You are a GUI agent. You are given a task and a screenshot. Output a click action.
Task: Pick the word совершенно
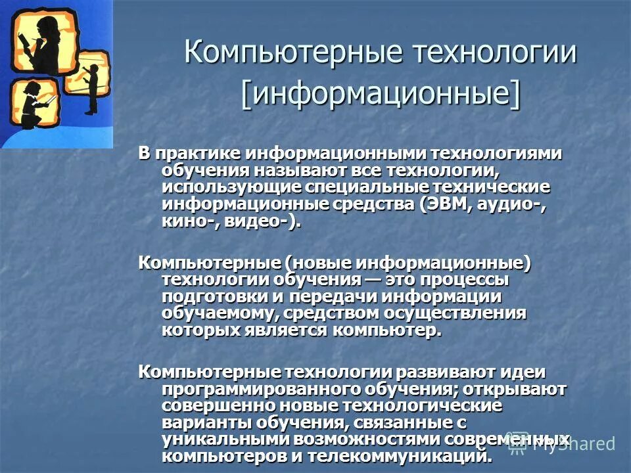214,406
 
